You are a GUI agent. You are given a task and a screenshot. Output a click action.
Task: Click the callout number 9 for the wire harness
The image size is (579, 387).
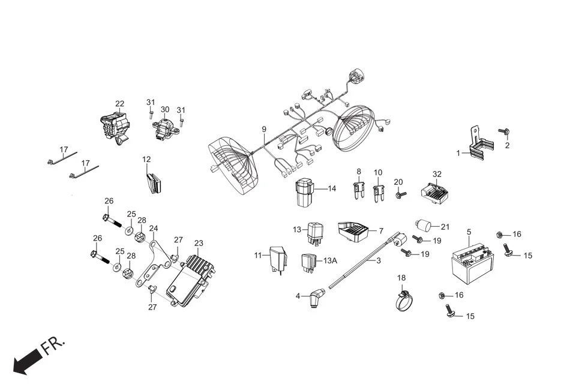[263, 129]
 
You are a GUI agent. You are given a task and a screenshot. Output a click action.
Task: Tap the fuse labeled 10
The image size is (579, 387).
[378, 193]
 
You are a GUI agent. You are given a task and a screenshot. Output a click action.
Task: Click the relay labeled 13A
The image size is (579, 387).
[309, 262]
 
